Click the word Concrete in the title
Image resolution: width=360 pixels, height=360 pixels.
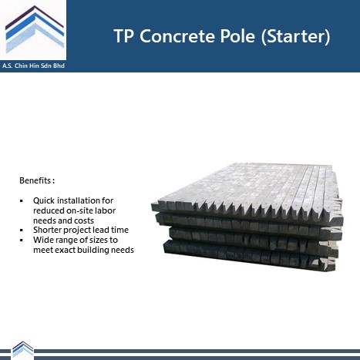tap(178, 35)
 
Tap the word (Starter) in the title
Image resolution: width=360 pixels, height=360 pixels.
tap(295, 36)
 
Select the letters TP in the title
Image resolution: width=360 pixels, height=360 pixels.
tap(124, 35)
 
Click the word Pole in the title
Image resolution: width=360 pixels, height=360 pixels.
tap(237, 35)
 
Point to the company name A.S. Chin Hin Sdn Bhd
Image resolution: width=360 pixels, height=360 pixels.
tap(33, 66)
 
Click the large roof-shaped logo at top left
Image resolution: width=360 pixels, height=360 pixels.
tap(35, 29)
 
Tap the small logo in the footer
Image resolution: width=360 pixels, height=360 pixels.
tap(23, 349)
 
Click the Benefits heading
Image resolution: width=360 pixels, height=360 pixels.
tap(37, 180)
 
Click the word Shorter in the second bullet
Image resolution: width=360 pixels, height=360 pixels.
tap(46, 230)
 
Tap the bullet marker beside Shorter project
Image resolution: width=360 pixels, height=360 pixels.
tap(22, 230)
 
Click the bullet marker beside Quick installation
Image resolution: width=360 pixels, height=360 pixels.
tap(22, 201)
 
